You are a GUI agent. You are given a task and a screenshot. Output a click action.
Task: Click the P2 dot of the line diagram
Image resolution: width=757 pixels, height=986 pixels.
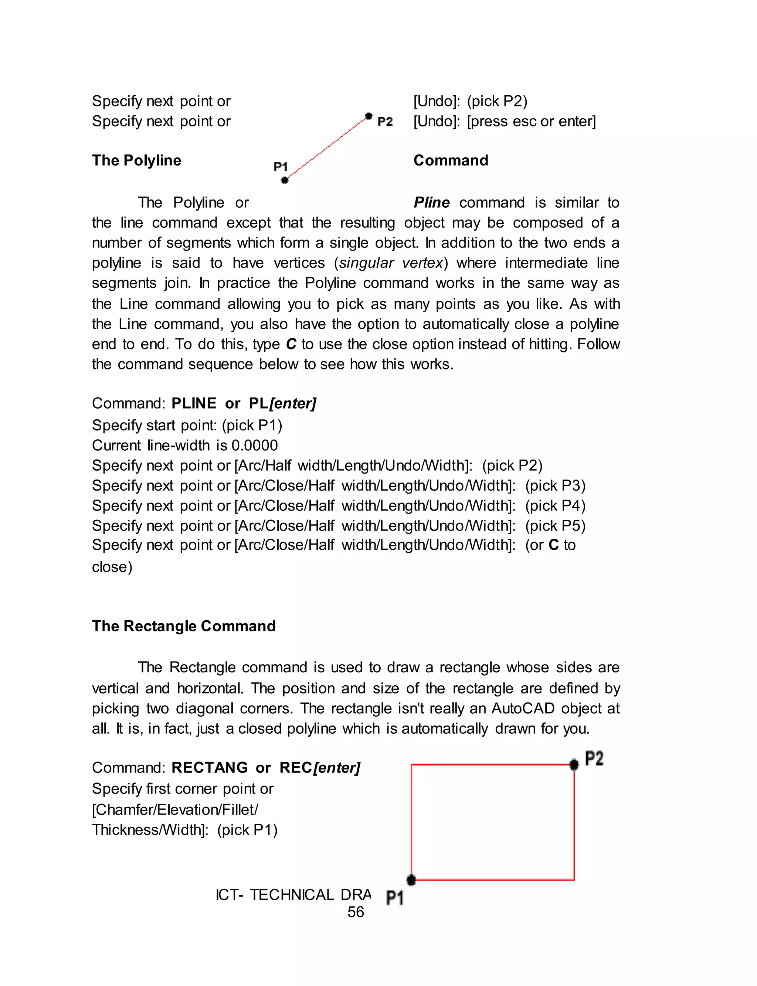click(369, 116)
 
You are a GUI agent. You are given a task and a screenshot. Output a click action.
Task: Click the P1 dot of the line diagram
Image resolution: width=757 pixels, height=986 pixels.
click(284, 180)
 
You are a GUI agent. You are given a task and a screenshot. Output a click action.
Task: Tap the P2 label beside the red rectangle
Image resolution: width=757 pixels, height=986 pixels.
click(594, 759)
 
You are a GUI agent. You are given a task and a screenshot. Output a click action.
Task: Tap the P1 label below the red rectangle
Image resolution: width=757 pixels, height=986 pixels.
click(395, 898)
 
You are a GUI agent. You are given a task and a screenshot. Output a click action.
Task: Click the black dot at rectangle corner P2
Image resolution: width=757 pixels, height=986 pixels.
click(574, 764)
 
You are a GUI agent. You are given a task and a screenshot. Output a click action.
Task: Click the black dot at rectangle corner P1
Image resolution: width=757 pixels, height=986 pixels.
click(411, 879)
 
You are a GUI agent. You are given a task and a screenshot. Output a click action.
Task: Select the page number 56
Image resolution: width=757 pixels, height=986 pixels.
click(356, 912)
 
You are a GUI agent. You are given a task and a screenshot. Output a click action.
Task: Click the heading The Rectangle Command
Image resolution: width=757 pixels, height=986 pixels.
click(183, 626)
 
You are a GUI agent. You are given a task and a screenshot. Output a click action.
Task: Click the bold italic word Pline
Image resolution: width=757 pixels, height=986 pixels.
click(431, 202)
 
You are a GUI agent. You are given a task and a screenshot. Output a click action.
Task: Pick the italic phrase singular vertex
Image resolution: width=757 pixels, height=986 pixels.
click(391, 263)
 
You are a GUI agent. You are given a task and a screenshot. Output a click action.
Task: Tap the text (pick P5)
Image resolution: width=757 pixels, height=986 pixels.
click(555, 525)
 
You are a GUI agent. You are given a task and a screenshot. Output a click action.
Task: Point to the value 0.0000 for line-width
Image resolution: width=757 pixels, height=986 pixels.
click(255, 445)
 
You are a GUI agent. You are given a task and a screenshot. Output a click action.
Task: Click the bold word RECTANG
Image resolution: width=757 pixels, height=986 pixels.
click(210, 767)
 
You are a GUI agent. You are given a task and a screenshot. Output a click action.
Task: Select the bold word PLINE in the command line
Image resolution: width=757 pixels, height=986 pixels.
click(194, 403)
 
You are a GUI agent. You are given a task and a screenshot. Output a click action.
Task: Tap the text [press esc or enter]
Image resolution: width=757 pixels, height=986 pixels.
click(531, 121)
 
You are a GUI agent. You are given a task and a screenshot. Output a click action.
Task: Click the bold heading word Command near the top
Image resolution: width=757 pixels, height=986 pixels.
click(451, 160)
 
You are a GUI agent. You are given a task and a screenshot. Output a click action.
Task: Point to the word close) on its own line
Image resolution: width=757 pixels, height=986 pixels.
click(112, 566)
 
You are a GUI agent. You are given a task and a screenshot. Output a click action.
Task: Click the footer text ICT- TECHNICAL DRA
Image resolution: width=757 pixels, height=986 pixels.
click(293, 895)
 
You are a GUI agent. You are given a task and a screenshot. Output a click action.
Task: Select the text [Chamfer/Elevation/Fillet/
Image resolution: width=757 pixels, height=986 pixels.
click(175, 809)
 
